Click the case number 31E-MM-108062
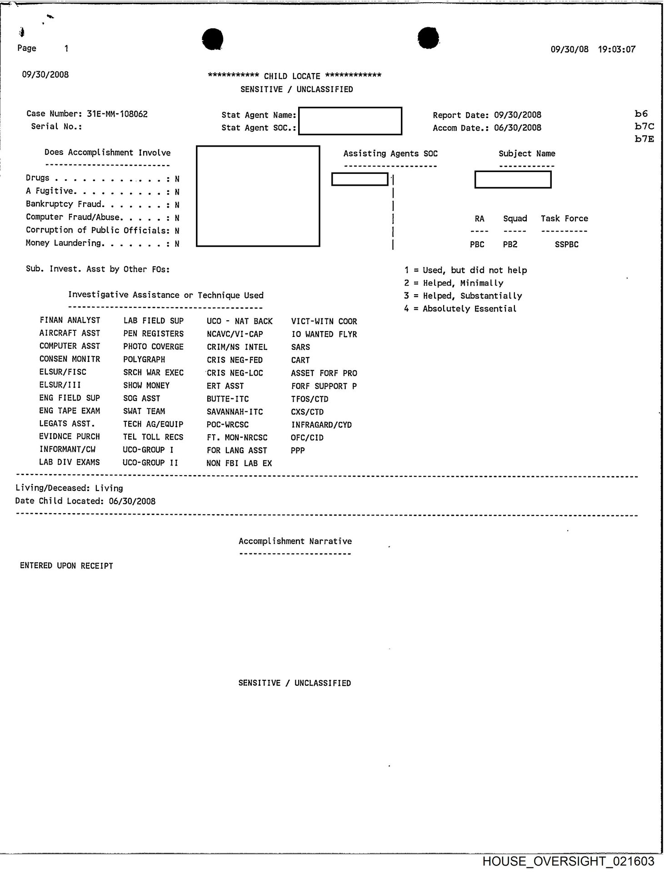(x=117, y=114)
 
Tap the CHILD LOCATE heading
(x=292, y=76)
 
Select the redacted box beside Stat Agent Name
(x=350, y=121)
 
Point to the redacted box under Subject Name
(x=513, y=179)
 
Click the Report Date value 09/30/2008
(x=518, y=115)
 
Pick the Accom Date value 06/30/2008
(x=518, y=128)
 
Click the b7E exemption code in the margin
(x=644, y=139)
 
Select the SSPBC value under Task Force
(x=566, y=244)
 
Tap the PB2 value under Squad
(x=510, y=244)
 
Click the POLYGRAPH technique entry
(x=144, y=359)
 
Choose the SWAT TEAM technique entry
(x=144, y=411)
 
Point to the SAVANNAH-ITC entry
(x=235, y=412)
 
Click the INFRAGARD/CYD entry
(x=321, y=425)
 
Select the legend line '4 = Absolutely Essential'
(x=460, y=309)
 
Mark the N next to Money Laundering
(x=177, y=244)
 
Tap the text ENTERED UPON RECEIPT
(x=66, y=566)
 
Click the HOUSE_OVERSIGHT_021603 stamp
(x=568, y=861)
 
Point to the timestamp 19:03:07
(x=616, y=49)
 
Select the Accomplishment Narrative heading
(x=295, y=541)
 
